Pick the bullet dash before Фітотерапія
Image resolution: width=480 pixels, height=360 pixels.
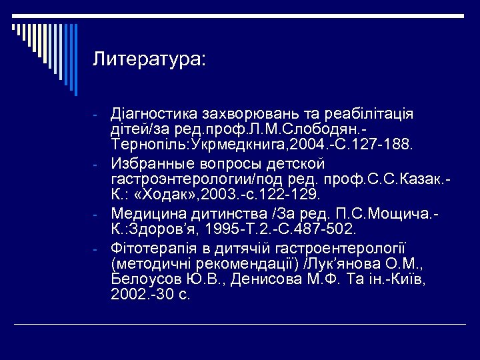pos(97,248)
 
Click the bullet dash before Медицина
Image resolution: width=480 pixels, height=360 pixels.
pos(97,215)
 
